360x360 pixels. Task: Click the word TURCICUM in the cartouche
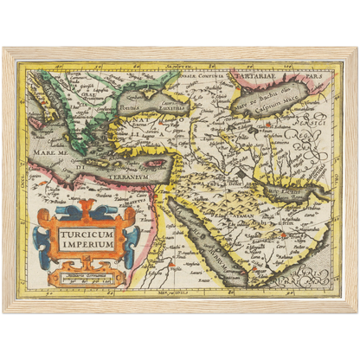pos(86,232)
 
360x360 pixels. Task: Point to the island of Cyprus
pos(156,162)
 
